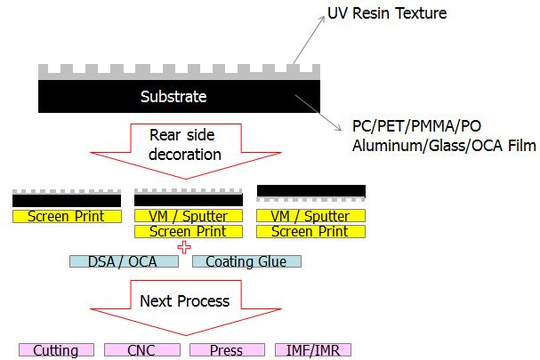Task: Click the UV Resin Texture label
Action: [x=387, y=13]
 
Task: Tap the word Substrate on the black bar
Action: [x=173, y=97]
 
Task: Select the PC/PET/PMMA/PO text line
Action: [x=416, y=126]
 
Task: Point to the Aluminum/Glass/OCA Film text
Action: [x=444, y=146]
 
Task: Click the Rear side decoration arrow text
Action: [x=184, y=145]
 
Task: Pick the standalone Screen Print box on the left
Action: [x=67, y=217]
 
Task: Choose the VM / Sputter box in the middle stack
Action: [x=189, y=216]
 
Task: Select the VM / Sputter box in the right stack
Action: [x=310, y=216]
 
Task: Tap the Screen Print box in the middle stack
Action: [x=189, y=232]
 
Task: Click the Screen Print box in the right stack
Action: [x=310, y=232]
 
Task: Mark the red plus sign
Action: [x=184, y=247]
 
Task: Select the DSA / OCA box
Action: [x=124, y=261]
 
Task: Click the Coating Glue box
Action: [x=246, y=261]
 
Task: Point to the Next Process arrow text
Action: [x=184, y=301]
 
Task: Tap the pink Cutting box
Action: [x=56, y=350]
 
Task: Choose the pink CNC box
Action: [x=142, y=350]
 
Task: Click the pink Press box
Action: [x=227, y=350]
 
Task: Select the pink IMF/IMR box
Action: [x=313, y=350]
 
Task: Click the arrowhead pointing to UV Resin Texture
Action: [x=322, y=19]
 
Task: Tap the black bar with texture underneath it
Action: [x=311, y=191]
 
